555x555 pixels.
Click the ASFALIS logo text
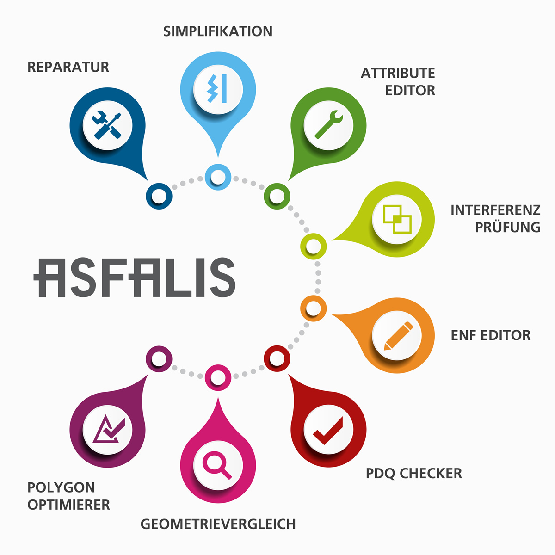coord(135,277)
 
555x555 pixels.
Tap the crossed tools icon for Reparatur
coord(107,125)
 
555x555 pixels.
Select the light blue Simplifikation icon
coord(218,88)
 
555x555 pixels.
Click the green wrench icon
coord(328,125)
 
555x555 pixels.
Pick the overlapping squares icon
coord(397,219)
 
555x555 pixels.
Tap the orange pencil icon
coord(397,336)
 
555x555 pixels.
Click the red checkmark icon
coord(328,430)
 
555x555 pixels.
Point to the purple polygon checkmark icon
coord(107,430)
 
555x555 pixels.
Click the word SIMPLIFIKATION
coord(218,31)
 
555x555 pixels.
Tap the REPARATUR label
coord(68,67)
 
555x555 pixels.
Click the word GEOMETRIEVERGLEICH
coord(218,524)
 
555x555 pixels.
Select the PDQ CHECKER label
coord(414,474)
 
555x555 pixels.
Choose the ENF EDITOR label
coord(491,335)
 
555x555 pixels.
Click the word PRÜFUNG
coord(508,227)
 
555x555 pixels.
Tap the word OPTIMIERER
coord(69,505)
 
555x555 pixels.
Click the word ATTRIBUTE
coord(398,73)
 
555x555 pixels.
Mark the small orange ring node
coord(314,308)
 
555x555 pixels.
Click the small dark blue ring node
coord(159,196)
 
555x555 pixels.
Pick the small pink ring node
coord(218,377)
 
